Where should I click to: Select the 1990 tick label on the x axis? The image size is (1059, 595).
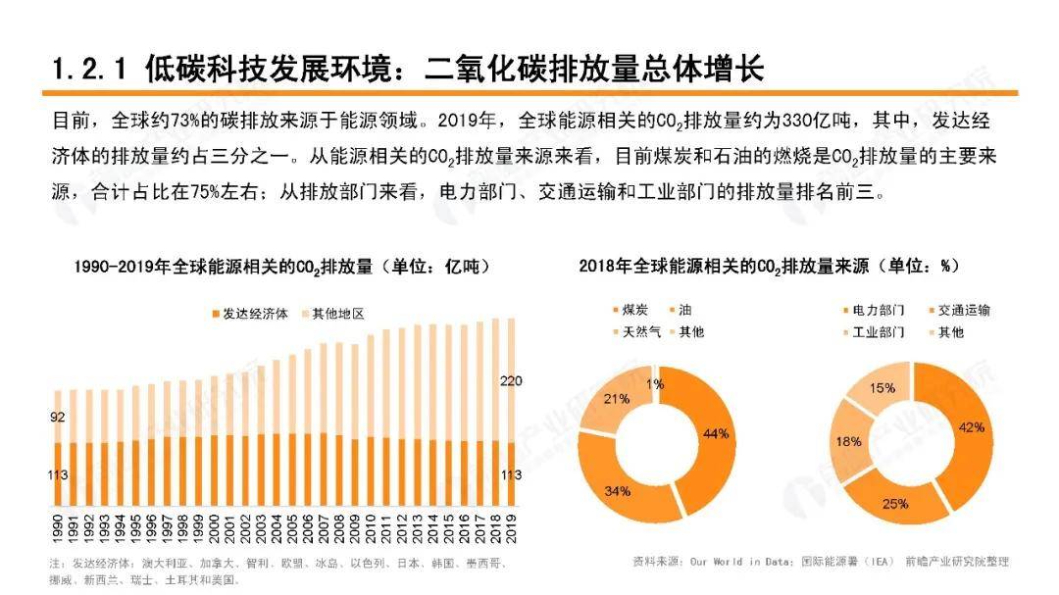57,530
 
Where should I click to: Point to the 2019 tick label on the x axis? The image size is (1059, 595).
510,530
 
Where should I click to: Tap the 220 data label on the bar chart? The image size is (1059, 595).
510,380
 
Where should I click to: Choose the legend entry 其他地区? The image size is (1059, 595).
338,314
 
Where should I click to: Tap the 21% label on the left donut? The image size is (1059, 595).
616,398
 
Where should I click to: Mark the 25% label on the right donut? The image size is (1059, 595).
895,503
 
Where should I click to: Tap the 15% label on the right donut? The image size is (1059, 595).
882,387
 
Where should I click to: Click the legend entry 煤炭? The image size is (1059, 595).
634,311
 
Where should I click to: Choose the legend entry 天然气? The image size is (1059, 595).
640,332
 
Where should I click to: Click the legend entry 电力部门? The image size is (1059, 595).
879,311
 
